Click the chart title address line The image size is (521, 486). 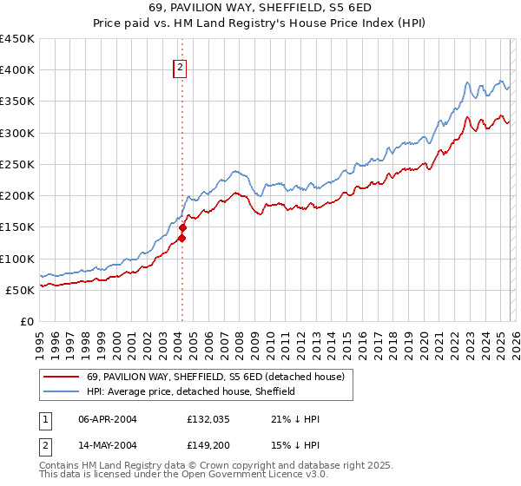pyautogui.click(x=260, y=8)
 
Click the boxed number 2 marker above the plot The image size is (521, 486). pyautogui.click(x=180, y=67)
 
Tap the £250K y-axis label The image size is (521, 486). pyautogui.click(x=17, y=164)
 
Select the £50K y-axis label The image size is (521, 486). pyautogui.click(x=21, y=290)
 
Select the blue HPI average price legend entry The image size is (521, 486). pyautogui.click(x=191, y=391)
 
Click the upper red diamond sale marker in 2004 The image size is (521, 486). pyautogui.click(x=183, y=227)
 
